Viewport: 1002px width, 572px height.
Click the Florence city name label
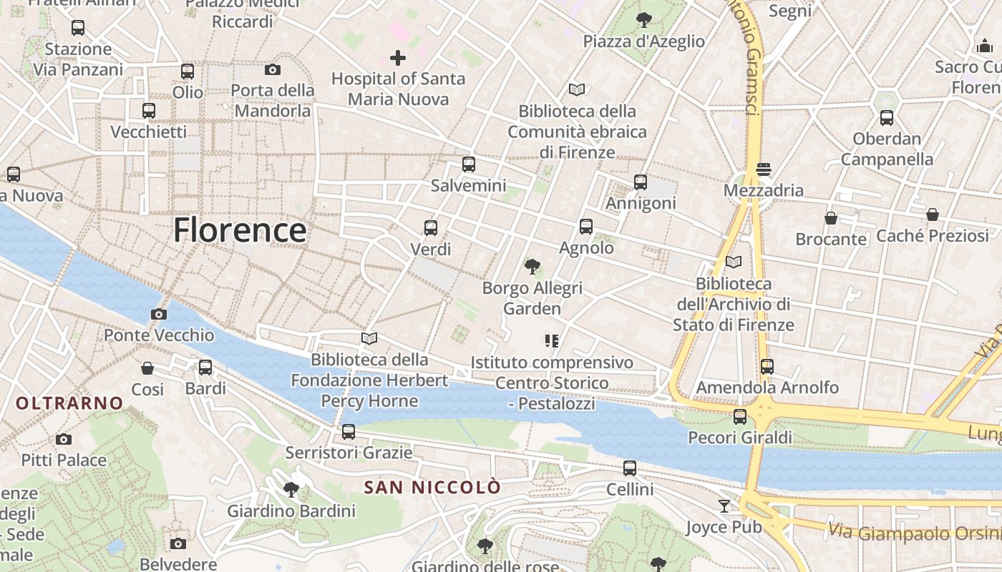pos(240,230)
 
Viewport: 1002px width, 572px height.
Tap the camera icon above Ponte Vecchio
pos(159,314)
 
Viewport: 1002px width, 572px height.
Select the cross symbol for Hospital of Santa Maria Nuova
pos(398,58)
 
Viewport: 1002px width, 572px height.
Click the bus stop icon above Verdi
pos(431,228)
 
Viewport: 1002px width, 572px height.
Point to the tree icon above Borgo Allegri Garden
pos(532,267)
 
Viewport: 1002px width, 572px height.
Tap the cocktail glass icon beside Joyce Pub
pos(724,506)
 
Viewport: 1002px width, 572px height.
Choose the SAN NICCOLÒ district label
pos(432,488)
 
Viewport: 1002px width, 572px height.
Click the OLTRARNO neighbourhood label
pos(69,403)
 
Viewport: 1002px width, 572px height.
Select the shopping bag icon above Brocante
pos(831,217)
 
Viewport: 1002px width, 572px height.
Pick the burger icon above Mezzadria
pos(764,169)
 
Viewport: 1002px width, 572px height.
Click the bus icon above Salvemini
pos(469,164)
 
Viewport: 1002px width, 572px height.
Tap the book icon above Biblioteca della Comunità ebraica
pos(577,90)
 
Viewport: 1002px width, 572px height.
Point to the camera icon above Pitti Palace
pos(64,439)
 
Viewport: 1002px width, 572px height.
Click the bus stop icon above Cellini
pos(630,468)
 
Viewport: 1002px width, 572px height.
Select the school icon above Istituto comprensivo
pos(551,341)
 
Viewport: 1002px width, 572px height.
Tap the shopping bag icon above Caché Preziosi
pos(932,214)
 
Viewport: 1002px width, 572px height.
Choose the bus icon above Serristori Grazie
pos(349,432)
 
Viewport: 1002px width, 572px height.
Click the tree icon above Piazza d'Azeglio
pos(644,19)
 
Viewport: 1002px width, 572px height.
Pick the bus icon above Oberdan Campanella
pos(887,118)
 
